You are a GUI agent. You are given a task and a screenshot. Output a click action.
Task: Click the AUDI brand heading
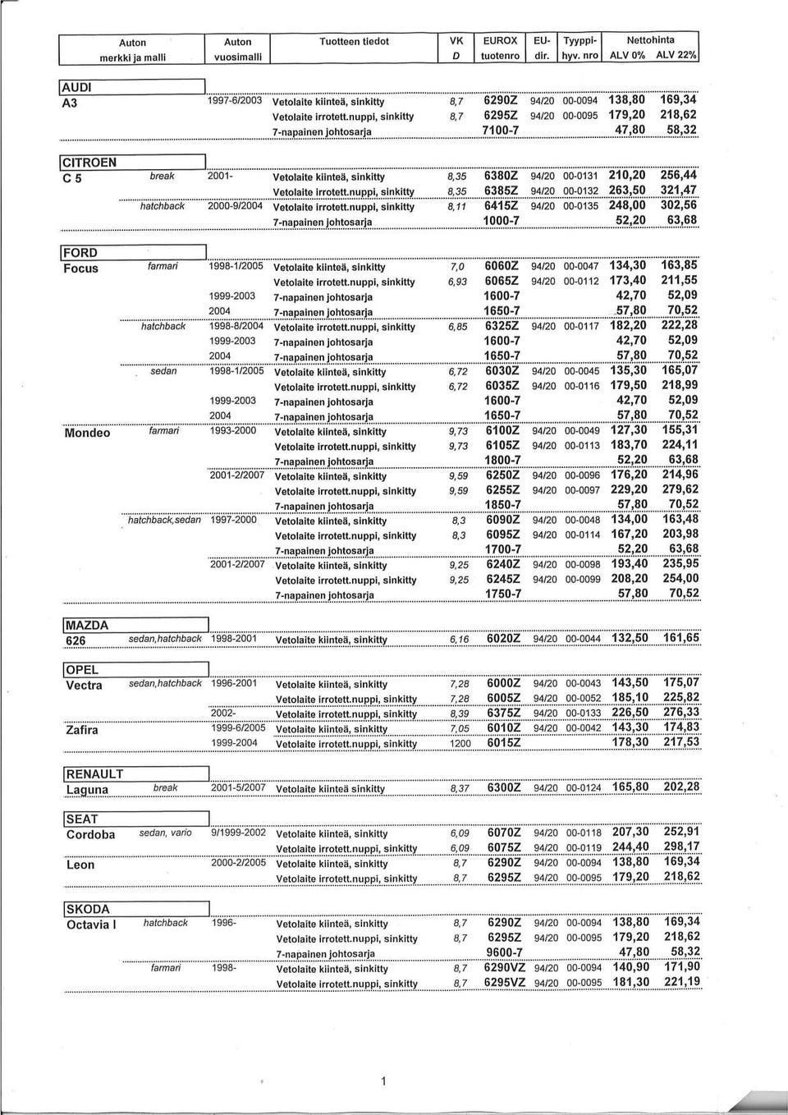click(79, 87)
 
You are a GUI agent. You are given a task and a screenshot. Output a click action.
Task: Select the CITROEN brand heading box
click(90, 162)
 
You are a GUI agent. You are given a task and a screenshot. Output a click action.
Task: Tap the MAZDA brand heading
click(86, 626)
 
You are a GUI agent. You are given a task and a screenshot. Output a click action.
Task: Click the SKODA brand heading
click(87, 909)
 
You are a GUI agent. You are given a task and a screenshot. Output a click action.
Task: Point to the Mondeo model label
click(87, 433)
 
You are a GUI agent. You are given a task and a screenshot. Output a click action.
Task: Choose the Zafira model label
click(82, 730)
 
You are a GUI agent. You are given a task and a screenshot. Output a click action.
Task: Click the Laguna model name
click(87, 790)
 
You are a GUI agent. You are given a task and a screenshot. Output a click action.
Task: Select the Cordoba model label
click(90, 835)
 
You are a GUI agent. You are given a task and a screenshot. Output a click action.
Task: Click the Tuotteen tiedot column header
click(354, 41)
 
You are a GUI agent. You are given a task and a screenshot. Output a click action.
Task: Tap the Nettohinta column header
click(650, 39)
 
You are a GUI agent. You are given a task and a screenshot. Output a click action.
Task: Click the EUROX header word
click(500, 40)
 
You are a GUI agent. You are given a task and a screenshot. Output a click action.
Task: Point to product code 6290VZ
click(504, 967)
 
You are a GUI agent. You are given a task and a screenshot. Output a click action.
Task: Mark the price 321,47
click(680, 190)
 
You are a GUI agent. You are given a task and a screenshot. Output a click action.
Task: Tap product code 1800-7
click(502, 460)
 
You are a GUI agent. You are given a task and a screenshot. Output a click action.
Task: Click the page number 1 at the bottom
click(382, 1082)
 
